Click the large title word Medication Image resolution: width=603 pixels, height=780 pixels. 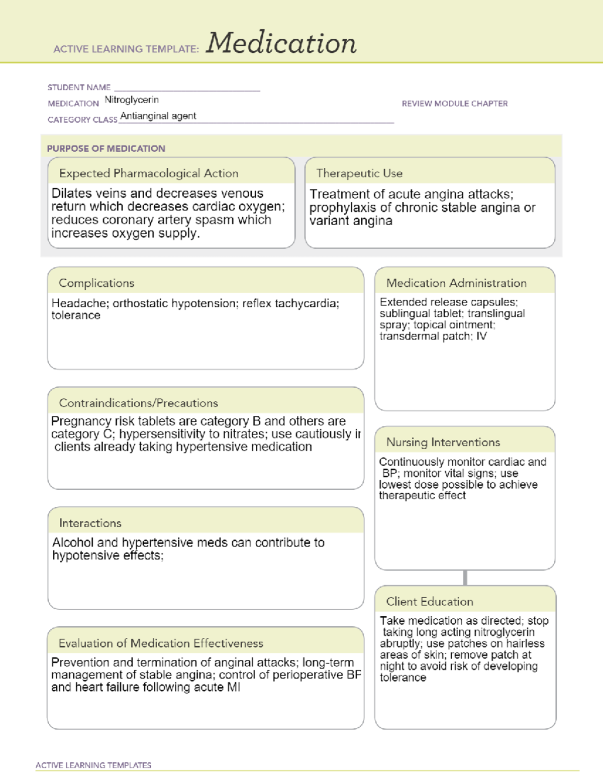point(281,43)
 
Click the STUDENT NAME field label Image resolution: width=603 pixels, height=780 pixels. point(79,87)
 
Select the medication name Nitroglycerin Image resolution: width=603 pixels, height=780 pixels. point(132,100)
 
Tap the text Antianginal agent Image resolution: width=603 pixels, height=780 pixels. point(158,116)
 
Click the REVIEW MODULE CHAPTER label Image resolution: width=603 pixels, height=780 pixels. point(454,103)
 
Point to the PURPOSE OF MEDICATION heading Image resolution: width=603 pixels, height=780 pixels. point(106,149)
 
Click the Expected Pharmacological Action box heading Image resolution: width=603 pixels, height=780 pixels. point(149,173)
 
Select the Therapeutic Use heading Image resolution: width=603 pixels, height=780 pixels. point(359,173)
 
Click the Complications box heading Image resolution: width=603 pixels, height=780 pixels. point(96,283)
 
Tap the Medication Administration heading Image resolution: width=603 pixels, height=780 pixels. point(456,283)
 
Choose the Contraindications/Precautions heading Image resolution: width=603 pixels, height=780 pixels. point(139,403)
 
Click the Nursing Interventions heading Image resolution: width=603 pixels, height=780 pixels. point(443,442)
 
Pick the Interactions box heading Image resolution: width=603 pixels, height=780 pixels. point(90,523)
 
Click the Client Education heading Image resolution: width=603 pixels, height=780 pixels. point(430,602)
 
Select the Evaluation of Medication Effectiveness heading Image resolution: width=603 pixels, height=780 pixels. point(161,643)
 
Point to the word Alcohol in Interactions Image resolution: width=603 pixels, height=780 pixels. point(73,543)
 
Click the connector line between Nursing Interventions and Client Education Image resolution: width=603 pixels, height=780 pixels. point(465,578)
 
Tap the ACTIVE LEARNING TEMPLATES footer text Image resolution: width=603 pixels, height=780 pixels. point(93,765)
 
